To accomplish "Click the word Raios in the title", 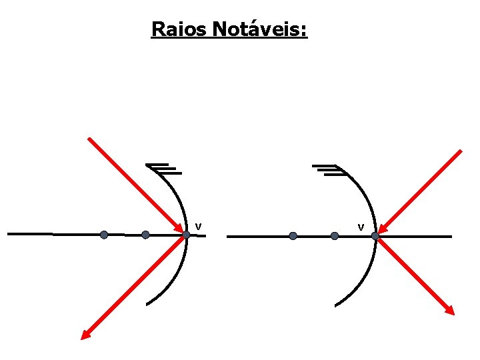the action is coord(179,29).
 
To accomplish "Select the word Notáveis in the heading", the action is coord(260,29).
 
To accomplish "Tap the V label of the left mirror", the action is coord(198,227).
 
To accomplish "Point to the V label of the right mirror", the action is coord(361,228).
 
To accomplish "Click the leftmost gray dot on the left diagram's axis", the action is coord(104,235).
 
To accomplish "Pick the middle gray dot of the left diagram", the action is coord(145,235).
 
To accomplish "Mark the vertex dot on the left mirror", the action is coord(187,235).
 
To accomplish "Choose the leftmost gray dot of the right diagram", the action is coord(293,236).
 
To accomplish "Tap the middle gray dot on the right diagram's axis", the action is coord(335,236).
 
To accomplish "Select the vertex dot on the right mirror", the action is coord(375,236).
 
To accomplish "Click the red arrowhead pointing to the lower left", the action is coord(85,336).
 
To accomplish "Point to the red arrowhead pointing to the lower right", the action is coord(451,311).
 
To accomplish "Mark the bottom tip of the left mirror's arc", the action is coord(147,305).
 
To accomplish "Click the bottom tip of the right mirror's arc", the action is coord(335,306).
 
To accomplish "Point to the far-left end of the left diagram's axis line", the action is coord(9,234).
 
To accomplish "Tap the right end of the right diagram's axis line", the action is coord(451,236).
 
